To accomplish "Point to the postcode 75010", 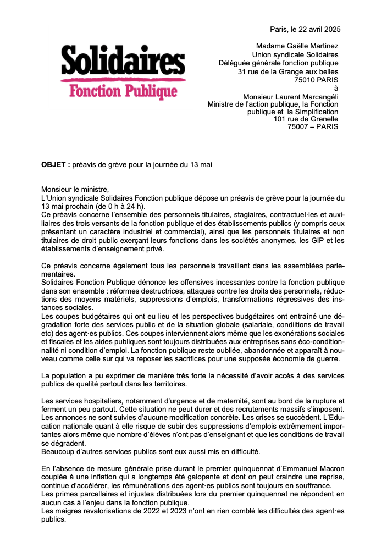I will tap(306, 80).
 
